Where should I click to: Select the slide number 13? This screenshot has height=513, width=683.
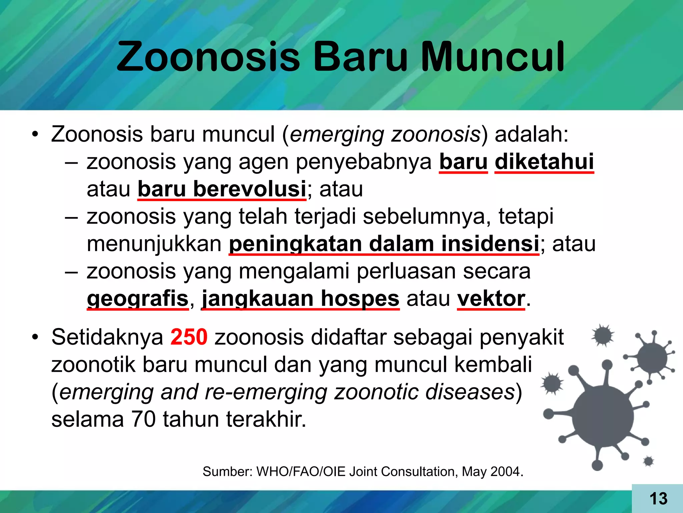pyautogui.click(x=658, y=499)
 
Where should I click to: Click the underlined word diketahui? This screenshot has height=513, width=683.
pyautogui.click(x=544, y=162)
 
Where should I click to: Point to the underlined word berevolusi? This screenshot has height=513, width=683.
pyautogui.click(x=249, y=189)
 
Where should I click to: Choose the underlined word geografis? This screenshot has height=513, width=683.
pyautogui.click(x=138, y=298)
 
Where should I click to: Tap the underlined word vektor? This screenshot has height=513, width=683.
pyautogui.click(x=491, y=298)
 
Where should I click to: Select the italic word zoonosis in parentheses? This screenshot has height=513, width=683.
pyautogui.click(x=436, y=134)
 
